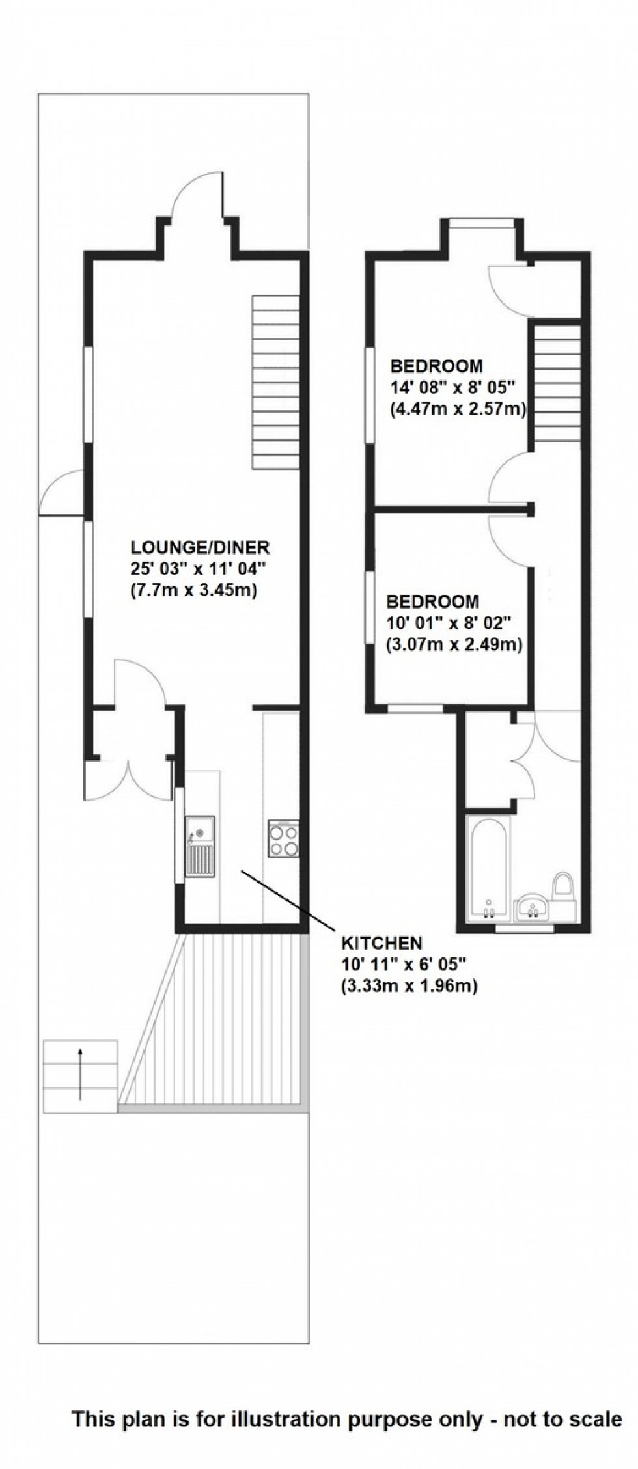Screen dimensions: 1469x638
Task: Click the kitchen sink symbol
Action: [200, 845]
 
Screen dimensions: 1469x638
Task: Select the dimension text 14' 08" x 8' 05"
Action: [452, 388]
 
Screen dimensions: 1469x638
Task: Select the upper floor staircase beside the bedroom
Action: [557, 385]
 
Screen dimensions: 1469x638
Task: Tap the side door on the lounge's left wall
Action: [60, 493]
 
